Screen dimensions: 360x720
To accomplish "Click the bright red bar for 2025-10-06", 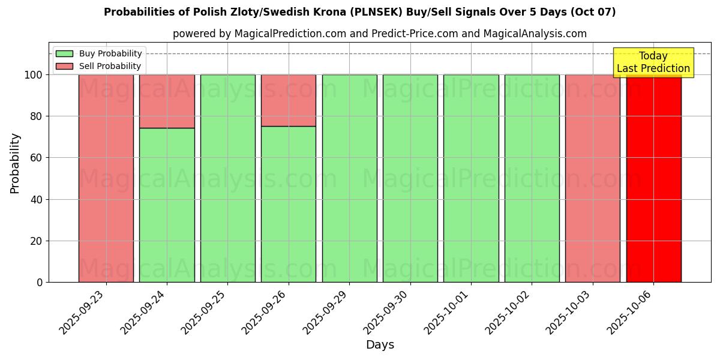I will (x=653, y=180).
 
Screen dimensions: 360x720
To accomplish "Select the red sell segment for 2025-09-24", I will (x=167, y=101).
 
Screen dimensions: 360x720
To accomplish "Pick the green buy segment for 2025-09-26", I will (x=288, y=204).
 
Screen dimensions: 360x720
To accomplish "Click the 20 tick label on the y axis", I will (x=37, y=241).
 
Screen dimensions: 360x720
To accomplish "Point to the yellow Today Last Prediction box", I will (x=653, y=62).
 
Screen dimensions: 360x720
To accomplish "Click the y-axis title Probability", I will (x=15, y=163).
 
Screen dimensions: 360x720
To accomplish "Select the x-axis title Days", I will (x=380, y=345).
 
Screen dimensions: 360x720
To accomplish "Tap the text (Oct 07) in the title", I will (x=595, y=12).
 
